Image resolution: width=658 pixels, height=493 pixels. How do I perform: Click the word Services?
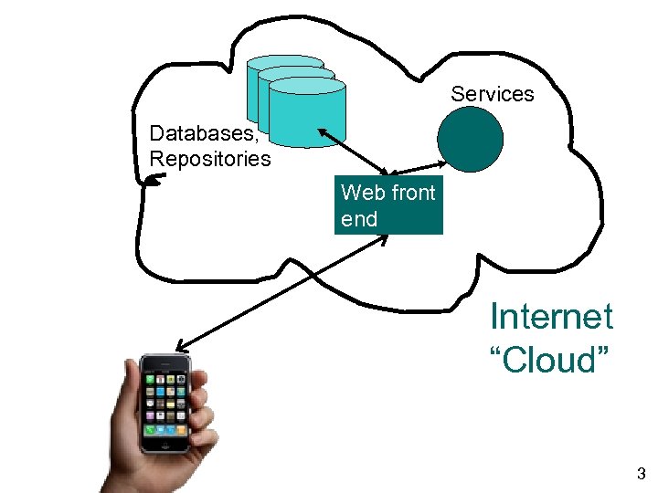click(x=492, y=94)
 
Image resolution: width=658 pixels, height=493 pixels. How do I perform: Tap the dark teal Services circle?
click(x=470, y=140)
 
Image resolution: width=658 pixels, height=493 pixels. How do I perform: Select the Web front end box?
click(x=388, y=206)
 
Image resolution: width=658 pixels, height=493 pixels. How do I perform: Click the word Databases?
click(x=204, y=133)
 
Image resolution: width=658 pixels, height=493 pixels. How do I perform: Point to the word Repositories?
click(x=209, y=159)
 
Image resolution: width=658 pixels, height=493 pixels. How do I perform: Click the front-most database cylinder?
click(x=308, y=112)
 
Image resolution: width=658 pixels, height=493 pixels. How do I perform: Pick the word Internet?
click(x=551, y=317)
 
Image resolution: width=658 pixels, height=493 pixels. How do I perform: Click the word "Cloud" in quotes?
click(x=550, y=361)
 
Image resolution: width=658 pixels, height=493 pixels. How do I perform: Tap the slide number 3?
click(x=641, y=474)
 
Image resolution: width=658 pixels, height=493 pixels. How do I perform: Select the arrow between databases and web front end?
click(x=356, y=152)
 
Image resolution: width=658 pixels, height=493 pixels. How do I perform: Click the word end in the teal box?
click(x=358, y=219)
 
